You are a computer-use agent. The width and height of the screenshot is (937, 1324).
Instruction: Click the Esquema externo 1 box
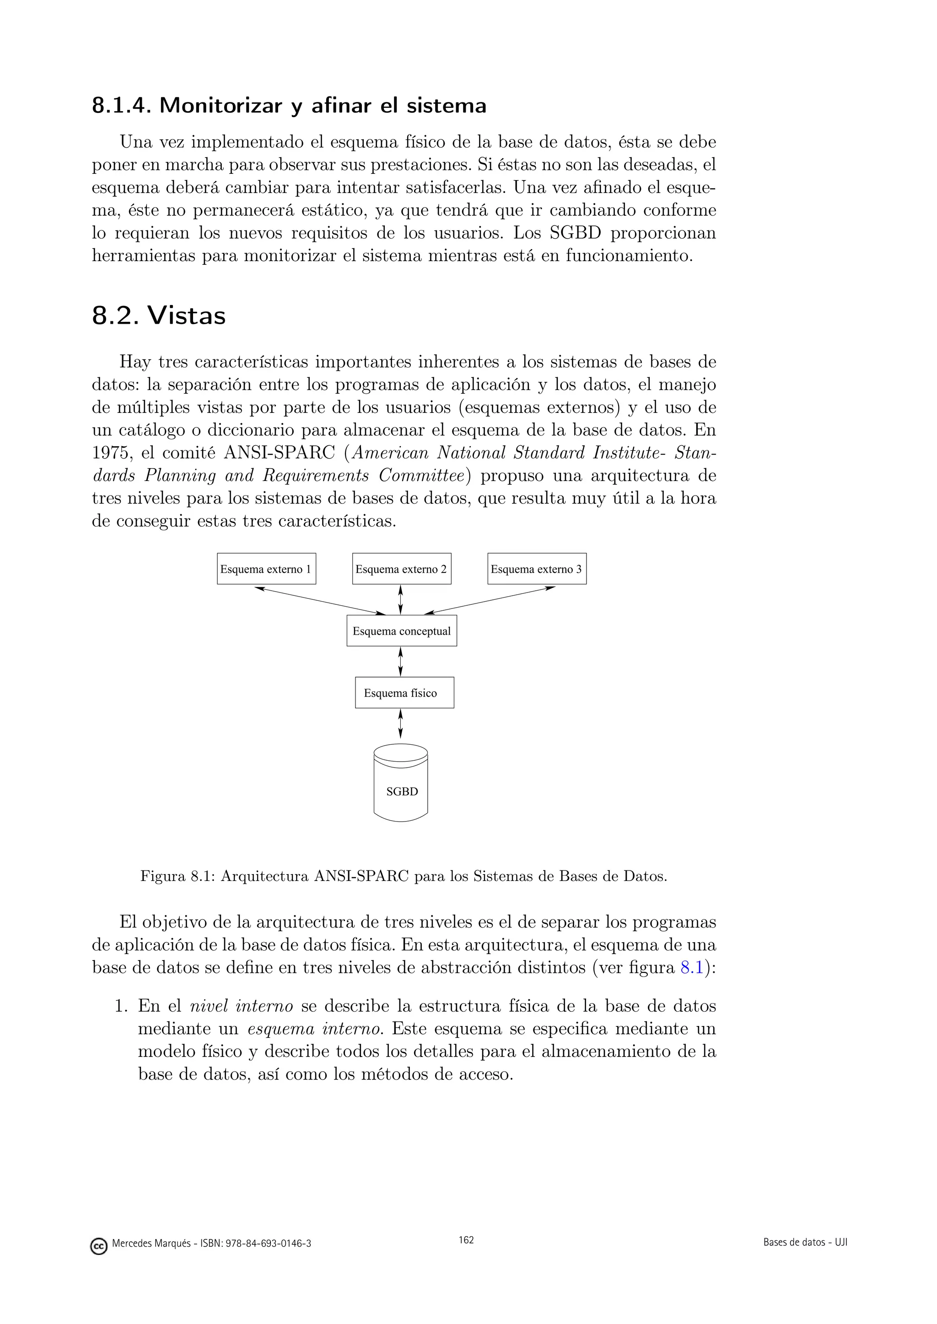266,569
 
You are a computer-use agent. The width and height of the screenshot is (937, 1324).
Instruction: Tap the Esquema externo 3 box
537,569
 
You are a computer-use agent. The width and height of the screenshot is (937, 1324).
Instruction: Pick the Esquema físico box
404,692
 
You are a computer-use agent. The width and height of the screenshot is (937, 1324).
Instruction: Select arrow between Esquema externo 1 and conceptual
320,600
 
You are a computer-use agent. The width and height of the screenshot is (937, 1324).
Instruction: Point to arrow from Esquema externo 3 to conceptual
489,600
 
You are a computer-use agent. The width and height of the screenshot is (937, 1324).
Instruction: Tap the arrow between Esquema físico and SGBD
400,723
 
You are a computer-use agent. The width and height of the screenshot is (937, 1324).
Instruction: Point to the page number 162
466,1240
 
